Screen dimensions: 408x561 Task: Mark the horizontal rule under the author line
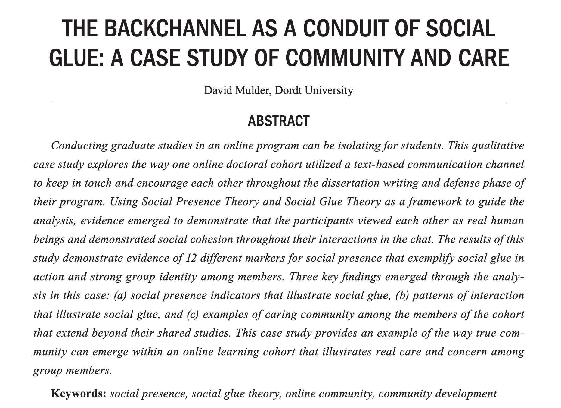(x=279, y=103)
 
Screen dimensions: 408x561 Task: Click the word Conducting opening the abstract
(x=79, y=146)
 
